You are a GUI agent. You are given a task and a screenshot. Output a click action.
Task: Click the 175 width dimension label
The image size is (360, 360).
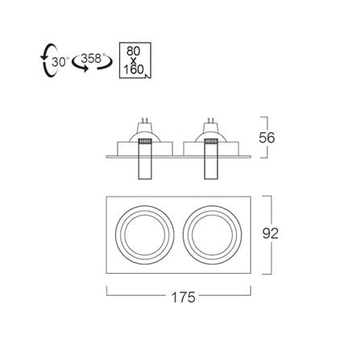point(184,297)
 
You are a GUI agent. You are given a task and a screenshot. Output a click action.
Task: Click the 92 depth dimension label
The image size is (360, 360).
point(271,234)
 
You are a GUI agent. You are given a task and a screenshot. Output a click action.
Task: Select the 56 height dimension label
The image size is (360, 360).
point(267,138)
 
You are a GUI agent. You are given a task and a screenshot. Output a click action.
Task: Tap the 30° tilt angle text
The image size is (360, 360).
point(60,62)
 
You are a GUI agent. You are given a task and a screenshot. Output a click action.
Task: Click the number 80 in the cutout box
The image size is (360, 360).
point(134,52)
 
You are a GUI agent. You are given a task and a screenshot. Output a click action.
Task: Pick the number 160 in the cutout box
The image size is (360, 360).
point(134,69)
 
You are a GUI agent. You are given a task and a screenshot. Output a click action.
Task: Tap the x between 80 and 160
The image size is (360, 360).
point(134,61)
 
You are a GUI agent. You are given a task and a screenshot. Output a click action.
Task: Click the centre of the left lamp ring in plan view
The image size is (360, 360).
point(145,234)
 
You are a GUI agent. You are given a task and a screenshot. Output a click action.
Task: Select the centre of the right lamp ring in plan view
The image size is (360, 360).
point(213,234)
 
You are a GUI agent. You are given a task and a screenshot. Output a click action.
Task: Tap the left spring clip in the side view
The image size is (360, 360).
point(145,159)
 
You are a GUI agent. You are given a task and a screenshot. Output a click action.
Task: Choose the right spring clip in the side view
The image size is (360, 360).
point(211,159)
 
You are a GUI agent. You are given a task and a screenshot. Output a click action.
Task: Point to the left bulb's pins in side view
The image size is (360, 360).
point(145,120)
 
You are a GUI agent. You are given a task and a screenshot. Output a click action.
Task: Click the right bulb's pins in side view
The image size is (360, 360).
point(211,120)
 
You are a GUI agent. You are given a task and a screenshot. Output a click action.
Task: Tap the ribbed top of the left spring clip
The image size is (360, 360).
point(145,142)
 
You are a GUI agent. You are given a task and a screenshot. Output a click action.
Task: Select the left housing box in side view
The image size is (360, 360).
point(145,148)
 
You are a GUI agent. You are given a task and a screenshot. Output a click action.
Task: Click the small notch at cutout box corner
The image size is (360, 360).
point(148,76)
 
